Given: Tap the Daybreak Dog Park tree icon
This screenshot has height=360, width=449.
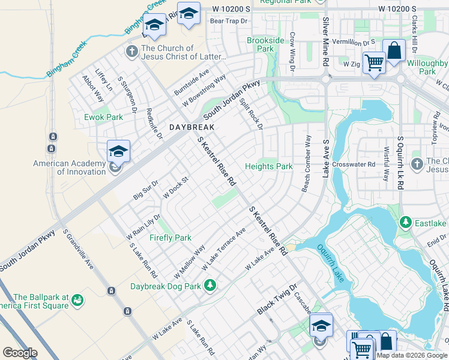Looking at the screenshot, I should click(209, 284).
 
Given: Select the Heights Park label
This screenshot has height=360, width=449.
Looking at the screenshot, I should click(268, 166).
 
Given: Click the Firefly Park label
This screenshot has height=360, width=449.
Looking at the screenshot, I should click(170, 238).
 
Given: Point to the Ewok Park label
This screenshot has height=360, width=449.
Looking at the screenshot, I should click(103, 117).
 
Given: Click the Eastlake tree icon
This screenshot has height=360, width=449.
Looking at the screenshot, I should click(406, 223).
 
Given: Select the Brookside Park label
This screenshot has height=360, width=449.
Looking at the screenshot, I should click(265, 45).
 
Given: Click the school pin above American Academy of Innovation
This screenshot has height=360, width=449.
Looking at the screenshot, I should click(118, 151).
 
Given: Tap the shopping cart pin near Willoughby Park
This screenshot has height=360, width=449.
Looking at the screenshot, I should click(374, 62).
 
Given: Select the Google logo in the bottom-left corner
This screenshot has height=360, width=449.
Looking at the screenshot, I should click(20, 353).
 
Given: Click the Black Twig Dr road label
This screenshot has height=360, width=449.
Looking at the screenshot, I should click(277, 299).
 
